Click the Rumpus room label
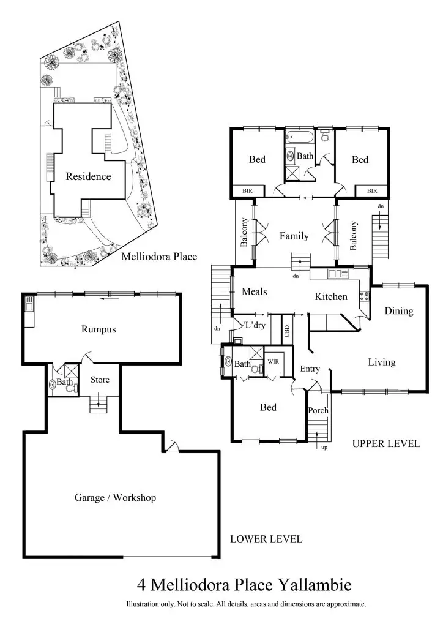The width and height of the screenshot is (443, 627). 99,329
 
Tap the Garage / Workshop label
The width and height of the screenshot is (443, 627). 115,497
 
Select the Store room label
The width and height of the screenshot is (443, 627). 100,380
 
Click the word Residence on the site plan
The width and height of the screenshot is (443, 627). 89,176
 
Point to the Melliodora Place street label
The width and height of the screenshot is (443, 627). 159,257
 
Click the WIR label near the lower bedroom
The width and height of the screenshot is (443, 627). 273,361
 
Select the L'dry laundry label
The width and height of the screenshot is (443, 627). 255,325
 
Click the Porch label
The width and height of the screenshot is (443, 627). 318,410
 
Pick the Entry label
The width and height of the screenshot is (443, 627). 310,369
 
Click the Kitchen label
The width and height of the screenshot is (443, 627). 331,297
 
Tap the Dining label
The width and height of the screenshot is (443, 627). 399,311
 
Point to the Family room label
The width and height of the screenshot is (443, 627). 294,236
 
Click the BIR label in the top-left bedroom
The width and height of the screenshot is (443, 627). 247,191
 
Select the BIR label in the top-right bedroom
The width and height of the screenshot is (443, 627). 372,191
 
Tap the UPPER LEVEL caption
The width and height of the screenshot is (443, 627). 386,444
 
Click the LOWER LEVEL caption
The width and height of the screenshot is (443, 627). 266,539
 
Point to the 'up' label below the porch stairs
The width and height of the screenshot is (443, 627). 324,448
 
